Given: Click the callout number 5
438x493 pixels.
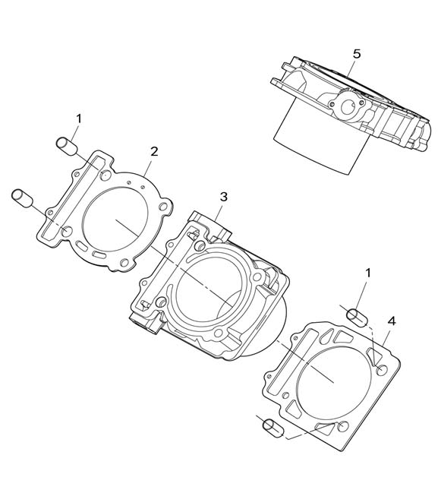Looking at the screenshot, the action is click(357, 54).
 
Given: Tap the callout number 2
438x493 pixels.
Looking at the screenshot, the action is click(153, 152).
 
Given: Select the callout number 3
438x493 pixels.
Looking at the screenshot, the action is click(223, 197).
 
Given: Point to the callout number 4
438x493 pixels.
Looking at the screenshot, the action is click(392, 321).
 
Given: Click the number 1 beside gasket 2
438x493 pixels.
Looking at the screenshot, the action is click(79, 119).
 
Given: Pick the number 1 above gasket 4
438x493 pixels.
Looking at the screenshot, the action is click(368, 273).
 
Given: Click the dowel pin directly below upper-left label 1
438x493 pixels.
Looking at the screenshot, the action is click(67, 146).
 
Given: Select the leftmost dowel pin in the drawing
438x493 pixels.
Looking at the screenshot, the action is click(22, 198).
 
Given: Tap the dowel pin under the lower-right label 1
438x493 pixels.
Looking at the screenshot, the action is click(357, 318).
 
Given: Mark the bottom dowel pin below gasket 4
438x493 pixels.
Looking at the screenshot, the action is click(273, 428).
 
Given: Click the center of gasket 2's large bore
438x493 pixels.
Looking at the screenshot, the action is click(115, 219).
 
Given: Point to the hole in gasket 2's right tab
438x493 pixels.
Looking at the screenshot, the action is click(163, 207).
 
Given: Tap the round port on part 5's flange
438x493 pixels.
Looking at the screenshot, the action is click(348, 108).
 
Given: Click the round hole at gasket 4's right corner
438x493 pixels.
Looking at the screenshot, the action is click(382, 370).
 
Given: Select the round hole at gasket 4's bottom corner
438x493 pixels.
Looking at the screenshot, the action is click(342, 426).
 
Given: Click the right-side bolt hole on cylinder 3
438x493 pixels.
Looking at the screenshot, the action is click(257, 277).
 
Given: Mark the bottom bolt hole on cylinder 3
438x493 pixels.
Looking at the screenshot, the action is click(217, 333).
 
